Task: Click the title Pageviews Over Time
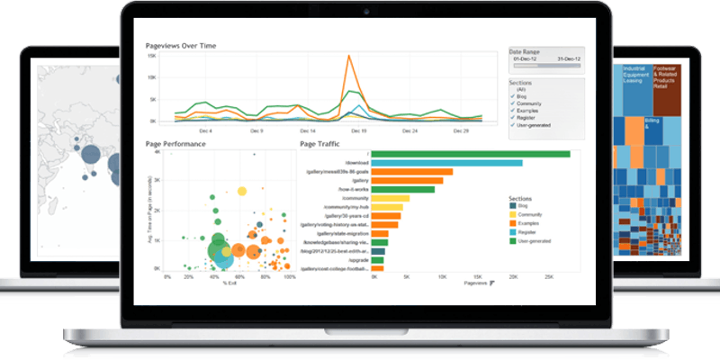181,45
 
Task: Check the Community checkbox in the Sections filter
513,103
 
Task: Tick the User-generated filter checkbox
513,124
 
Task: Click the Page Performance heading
176,144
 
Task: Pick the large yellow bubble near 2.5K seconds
241,191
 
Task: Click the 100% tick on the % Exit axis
290,278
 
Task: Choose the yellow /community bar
390,198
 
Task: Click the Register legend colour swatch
512,231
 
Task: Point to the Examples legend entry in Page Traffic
533,222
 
